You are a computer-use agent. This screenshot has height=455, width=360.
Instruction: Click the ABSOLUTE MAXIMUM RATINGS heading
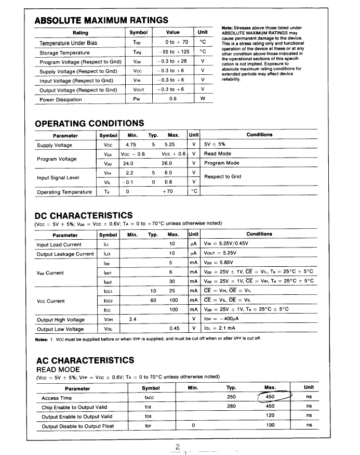point(101,20)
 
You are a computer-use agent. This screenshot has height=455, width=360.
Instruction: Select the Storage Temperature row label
point(65,53)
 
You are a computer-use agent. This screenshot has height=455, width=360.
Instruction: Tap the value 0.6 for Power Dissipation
point(173,99)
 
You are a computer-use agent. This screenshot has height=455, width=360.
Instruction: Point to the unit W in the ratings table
point(203,99)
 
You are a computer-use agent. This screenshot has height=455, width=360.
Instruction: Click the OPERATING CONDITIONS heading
point(89,123)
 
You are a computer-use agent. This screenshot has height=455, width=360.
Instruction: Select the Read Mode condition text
point(218,154)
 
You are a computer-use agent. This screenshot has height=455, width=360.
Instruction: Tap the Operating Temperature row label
point(64,192)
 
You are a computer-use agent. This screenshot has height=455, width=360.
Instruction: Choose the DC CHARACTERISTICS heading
point(83,215)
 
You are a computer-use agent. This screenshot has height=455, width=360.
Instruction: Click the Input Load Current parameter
point(59,244)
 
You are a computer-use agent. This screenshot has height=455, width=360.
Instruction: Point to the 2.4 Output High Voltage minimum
point(132,319)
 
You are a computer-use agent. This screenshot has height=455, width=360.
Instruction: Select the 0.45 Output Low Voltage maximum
point(175,329)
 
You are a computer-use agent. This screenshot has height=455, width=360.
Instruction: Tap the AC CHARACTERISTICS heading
point(85,360)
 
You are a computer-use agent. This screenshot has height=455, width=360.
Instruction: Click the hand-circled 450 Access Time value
point(270,397)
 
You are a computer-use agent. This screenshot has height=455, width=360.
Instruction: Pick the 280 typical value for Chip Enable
point(232,407)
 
